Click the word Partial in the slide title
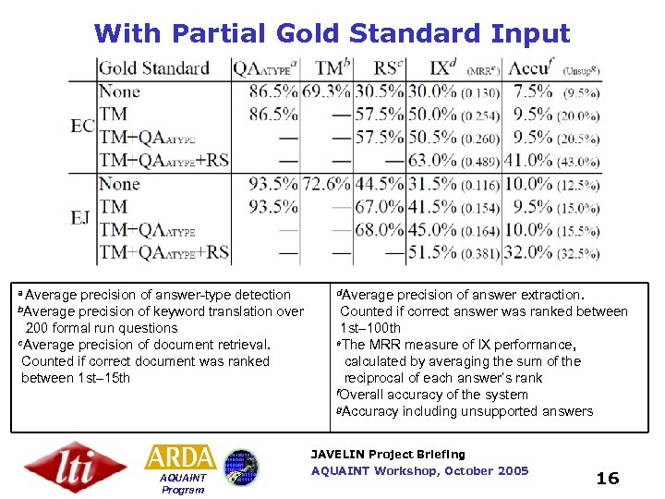pyautogui.click(x=215, y=34)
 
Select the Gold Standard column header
pyautogui.click(x=153, y=68)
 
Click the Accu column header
pyautogui.click(x=529, y=67)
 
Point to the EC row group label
pyautogui.click(x=82, y=126)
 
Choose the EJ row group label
pyautogui.click(x=81, y=218)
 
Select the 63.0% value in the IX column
pyautogui.click(x=432, y=161)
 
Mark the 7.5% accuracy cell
pyautogui.click(x=533, y=91)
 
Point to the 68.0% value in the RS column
pyautogui.click(x=381, y=229)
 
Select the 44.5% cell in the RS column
pyautogui.click(x=381, y=184)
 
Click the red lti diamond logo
pyautogui.click(x=75, y=467)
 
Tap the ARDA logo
pyautogui.click(x=180, y=457)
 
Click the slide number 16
pyautogui.click(x=607, y=478)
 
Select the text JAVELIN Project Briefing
pyautogui.click(x=388, y=455)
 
